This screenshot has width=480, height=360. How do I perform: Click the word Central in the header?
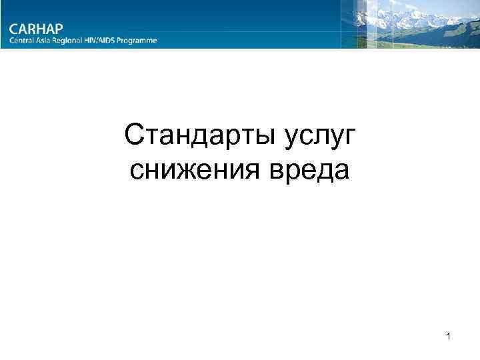[23, 41]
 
